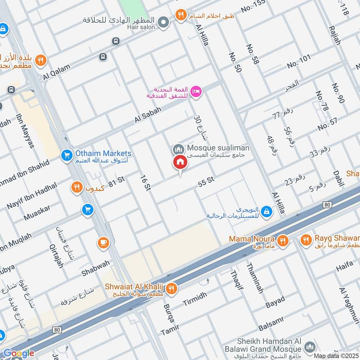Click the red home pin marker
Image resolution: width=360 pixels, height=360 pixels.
tap(180, 163)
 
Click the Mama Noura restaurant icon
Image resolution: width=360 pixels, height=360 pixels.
tap(283, 240)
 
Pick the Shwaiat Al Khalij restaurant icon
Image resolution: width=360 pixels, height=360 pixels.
tap(171, 289)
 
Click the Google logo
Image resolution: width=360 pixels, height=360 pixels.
tap(19, 353)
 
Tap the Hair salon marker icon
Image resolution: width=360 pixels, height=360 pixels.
tap(164, 21)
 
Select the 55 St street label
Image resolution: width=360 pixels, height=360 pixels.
tap(205, 182)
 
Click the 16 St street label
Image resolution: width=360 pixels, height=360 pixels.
tap(144, 183)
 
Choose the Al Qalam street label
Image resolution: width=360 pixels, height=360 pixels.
tap(57, 72)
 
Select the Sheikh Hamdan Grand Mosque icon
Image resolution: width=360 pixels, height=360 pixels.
tap(309, 347)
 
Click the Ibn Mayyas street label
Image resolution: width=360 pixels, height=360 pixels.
tap(27, 134)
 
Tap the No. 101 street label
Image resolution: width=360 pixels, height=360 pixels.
tap(299, 62)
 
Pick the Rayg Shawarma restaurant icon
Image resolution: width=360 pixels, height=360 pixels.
tap(306, 240)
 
